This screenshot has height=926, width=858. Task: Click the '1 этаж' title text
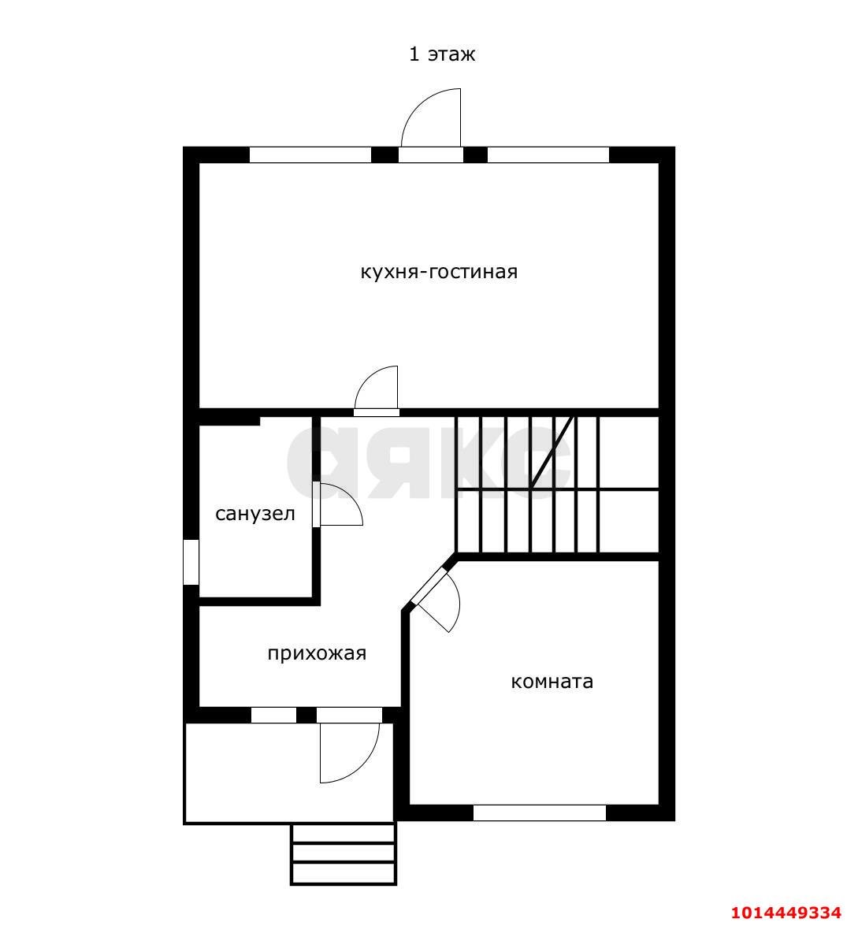point(442,54)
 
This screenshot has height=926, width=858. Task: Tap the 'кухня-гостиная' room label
point(439,272)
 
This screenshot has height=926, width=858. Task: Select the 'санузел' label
point(255,514)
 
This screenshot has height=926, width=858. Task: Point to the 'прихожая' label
point(317,654)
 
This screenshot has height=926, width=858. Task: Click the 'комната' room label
point(552,682)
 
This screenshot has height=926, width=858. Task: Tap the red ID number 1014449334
point(786,913)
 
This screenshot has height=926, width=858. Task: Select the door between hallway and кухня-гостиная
point(377,390)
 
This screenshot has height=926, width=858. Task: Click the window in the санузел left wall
point(191,562)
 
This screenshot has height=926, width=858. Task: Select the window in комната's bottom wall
point(540,813)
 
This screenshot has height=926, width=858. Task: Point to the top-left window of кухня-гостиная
point(310,154)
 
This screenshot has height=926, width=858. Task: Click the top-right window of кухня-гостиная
point(548,154)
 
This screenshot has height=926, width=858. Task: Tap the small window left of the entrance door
point(274,715)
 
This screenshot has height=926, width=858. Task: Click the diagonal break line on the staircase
point(553,452)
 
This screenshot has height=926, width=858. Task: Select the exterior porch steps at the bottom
point(344,854)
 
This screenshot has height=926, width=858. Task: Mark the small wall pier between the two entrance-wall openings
point(306,715)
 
